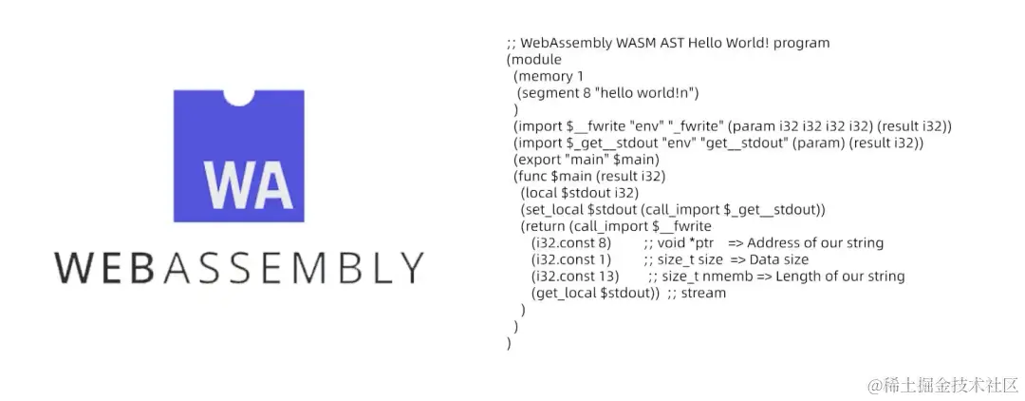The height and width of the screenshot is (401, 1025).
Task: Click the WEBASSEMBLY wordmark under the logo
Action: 238,268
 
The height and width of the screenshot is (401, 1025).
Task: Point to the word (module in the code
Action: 534,59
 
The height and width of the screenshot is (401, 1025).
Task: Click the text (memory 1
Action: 549,75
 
